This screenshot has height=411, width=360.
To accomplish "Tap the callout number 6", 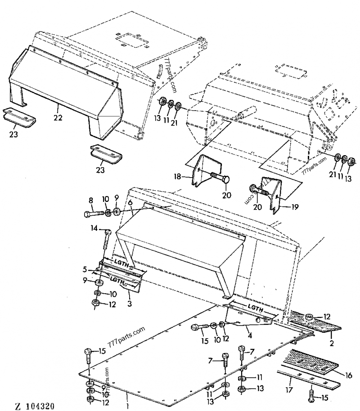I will click(130, 203).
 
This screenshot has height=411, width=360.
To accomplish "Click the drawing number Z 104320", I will click(35, 406).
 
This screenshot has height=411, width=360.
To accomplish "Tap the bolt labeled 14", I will click(106, 238).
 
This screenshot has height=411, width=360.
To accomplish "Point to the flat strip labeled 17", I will click(310, 380).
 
